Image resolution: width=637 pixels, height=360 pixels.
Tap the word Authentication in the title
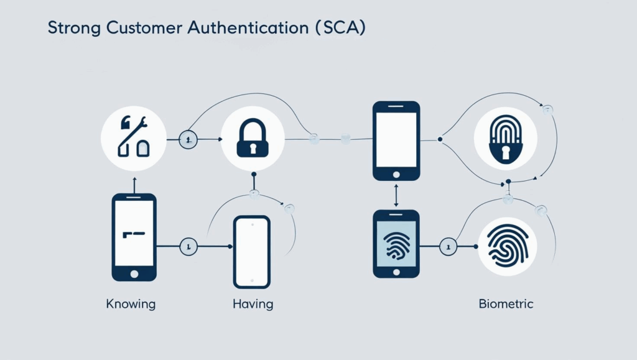click(x=249, y=29)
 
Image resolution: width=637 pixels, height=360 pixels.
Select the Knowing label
click(x=131, y=305)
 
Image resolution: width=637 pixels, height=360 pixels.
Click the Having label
click(x=253, y=305)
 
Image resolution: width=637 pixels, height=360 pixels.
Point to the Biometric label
click(x=506, y=305)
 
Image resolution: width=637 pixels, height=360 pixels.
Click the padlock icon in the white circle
click(x=254, y=139)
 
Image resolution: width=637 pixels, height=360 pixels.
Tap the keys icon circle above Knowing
click(x=134, y=139)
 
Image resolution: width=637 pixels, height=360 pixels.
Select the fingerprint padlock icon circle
click(x=505, y=139)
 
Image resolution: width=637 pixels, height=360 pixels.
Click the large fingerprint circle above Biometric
click(x=505, y=246)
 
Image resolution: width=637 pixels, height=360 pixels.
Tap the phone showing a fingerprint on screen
click(x=396, y=243)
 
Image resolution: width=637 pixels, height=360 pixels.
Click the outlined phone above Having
click(x=251, y=251)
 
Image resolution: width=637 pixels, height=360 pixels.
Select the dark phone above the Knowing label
click(x=134, y=237)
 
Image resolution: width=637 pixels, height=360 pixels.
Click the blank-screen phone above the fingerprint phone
click(x=396, y=141)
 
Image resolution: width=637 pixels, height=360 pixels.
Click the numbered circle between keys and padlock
click(x=188, y=140)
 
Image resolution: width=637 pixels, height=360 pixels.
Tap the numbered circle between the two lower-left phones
click(x=188, y=247)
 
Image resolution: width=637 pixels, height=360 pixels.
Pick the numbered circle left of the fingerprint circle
click(x=448, y=247)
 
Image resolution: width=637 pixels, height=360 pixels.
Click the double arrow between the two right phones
click(x=396, y=195)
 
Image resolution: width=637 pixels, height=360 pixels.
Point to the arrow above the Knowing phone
click(x=134, y=184)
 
